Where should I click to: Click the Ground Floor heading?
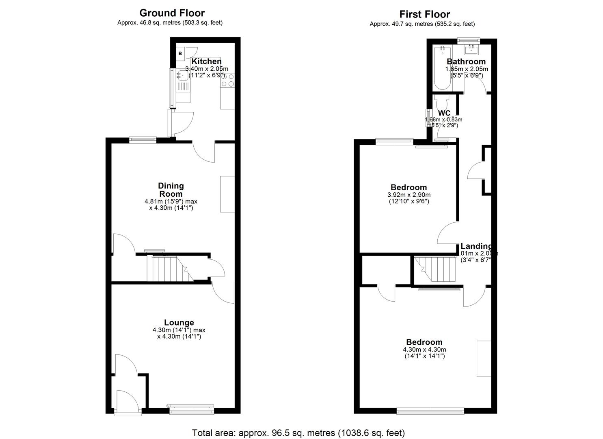tap(172, 13)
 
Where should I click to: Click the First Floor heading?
tap(424, 14)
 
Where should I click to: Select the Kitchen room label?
tap(206, 61)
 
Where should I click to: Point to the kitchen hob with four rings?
tap(227, 80)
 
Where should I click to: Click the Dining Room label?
tap(171, 190)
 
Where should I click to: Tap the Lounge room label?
tap(179, 323)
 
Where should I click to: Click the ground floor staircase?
tap(165, 269)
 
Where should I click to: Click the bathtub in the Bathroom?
tap(442, 68)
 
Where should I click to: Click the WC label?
tap(444, 113)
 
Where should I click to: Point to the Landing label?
tap(476, 246)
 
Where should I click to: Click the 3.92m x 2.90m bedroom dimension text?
tap(408, 195)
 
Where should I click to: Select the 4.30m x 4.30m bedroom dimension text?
tap(424, 350)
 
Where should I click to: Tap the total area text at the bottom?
tap(298, 432)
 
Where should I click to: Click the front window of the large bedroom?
tap(430, 411)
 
